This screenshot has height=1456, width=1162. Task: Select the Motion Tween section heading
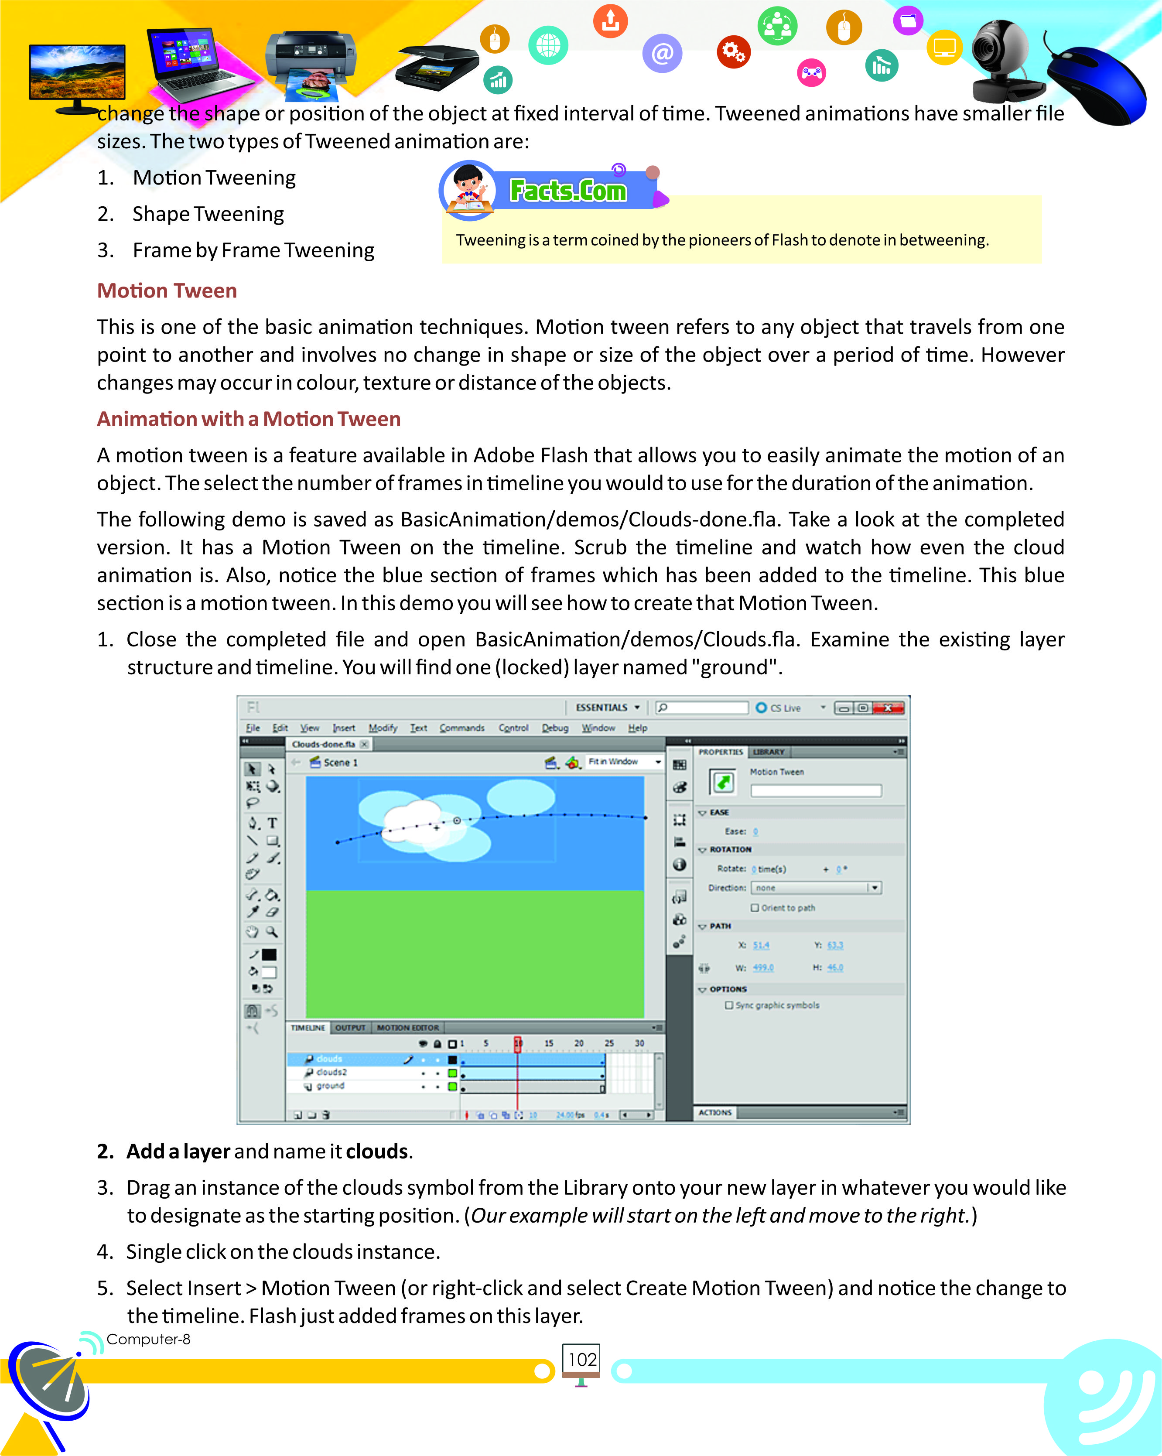coord(167,291)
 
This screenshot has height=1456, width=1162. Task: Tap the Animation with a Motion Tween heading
coord(249,419)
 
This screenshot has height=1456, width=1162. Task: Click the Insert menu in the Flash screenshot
coord(344,728)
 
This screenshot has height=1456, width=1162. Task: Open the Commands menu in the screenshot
coord(462,728)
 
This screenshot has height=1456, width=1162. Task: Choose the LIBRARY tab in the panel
coord(769,752)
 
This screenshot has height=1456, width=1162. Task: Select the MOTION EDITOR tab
coord(408,1028)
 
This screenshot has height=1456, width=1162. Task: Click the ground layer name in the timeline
coord(330,1086)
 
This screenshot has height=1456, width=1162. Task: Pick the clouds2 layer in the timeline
coord(331,1073)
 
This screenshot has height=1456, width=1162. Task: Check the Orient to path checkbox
coord(755,908)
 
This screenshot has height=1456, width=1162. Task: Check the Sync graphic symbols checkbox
coord(728,1005)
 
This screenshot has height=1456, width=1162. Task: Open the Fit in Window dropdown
coord(624,762)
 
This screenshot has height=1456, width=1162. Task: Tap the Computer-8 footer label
coord(149,1339)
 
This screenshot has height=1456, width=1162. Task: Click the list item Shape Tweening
coord(208,214)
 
